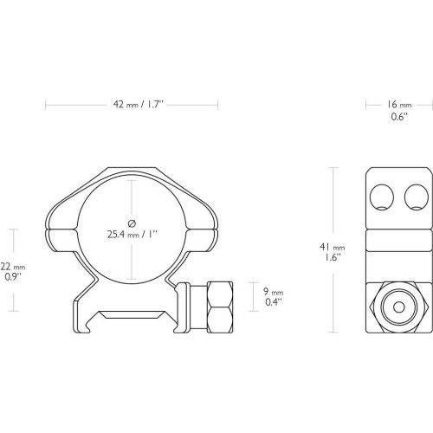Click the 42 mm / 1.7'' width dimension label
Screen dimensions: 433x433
tap(139, 105)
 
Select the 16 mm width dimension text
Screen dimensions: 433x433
tap(399, 105)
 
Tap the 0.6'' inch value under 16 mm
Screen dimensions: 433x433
tap(399, 117)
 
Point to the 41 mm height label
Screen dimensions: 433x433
tap(333, 247)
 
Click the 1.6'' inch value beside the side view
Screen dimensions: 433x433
tap(332, 257)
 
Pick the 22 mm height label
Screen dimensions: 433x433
tap(13, 267)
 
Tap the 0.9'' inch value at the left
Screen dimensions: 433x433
tap(13, 277)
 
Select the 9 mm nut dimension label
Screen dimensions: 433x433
tap(273, 292)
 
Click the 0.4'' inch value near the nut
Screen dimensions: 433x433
tap(274, 302)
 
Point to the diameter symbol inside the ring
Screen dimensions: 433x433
tap(132, 223)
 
